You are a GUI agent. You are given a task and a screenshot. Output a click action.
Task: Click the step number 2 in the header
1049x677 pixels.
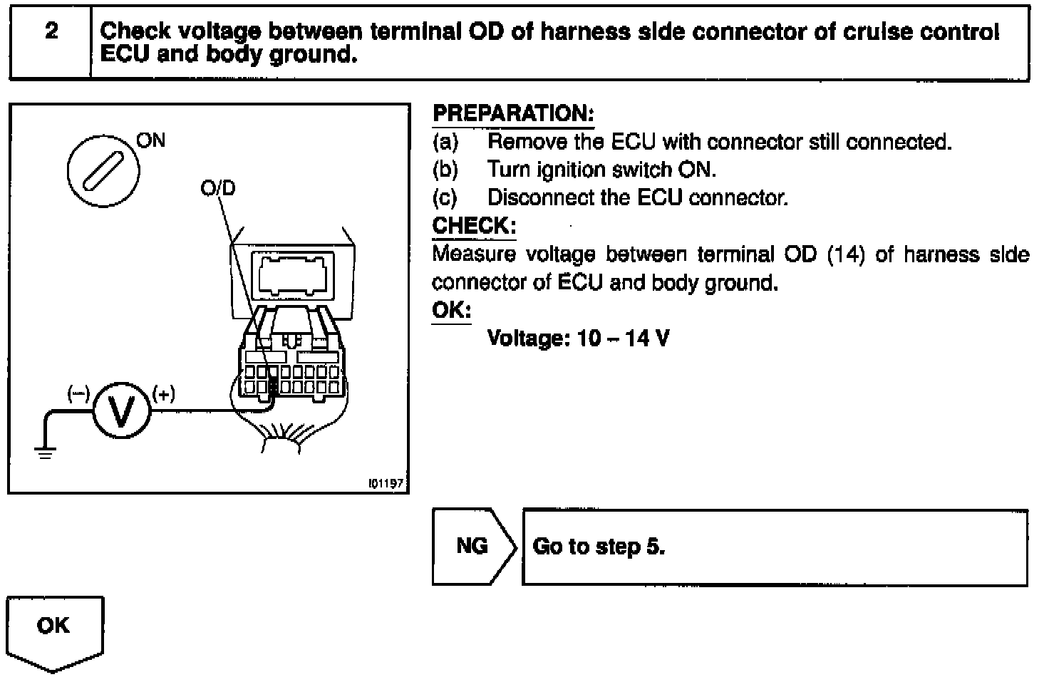click(51, 31)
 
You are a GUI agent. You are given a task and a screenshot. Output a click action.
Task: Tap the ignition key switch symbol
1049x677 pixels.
click(103, 171)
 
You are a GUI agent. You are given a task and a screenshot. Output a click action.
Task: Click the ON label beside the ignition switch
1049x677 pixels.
click(150, 140)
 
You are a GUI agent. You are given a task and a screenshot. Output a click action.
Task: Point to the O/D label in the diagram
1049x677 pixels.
click(217, 189)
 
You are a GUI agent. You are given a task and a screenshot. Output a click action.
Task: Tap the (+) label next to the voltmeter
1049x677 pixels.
click(164, 394)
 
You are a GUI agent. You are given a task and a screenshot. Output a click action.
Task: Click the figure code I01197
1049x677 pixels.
click(386, 484)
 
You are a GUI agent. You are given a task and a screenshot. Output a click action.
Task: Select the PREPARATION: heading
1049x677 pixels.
click(513, 114)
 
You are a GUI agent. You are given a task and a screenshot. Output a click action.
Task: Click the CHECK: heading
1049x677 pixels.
click(474, 226)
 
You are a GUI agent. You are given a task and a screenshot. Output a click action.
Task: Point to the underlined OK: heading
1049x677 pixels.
click(452, 311)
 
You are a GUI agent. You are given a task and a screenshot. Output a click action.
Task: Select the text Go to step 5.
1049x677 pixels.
click(599, 547)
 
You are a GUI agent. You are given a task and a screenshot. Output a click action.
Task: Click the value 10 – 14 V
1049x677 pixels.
click(624, 338)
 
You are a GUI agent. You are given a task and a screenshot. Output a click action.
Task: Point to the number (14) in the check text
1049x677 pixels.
click(845, 254)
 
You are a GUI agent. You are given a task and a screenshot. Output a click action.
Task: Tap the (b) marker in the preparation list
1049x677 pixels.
click(445, 170)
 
